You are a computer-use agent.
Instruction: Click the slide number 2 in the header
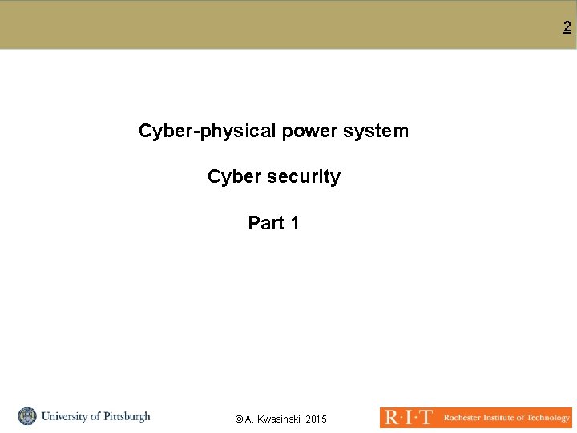click(567, 27)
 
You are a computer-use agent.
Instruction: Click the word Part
click(265, 223)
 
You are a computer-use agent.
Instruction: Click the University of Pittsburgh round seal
click(27, 416)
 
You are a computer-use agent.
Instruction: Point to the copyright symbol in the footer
click(239, 419)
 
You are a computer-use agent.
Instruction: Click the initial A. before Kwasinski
click(249, 419)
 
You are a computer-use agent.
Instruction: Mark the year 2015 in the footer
click(317, 419)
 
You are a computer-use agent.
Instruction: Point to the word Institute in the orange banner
click(503, 418)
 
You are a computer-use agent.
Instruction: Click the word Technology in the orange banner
click(550, 418)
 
